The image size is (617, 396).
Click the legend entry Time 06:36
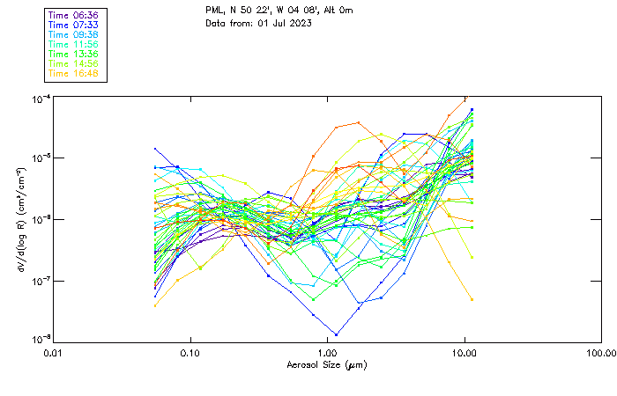point(73,15)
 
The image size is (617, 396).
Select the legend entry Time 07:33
point(73,25)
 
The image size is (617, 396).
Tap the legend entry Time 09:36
point(73,34)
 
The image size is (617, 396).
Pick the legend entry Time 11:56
point(73,44)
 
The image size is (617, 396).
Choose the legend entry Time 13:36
point(73,54)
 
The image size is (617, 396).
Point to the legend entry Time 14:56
point(73,63)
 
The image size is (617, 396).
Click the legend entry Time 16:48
point(73,73)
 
